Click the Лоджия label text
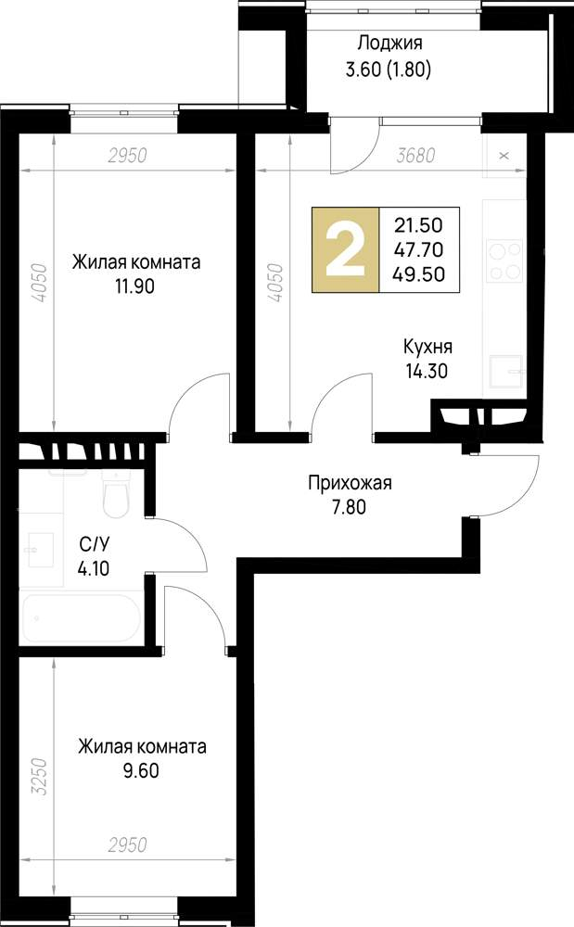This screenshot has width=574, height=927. point(389,43)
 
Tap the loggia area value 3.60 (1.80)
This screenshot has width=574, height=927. point(389,68)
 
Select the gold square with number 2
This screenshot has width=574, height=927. point(345,249)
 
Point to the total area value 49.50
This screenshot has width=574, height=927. point(419,273)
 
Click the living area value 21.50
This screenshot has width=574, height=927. point(419,224)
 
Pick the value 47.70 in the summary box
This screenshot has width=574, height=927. point(419,248)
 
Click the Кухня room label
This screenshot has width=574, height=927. point(427,347)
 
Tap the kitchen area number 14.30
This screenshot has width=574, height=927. point(427,371)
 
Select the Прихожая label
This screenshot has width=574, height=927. point(351,482)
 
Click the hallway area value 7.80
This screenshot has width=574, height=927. point(351,507)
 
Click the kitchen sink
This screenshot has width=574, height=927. point(506,370)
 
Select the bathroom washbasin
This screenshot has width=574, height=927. point(38,549)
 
